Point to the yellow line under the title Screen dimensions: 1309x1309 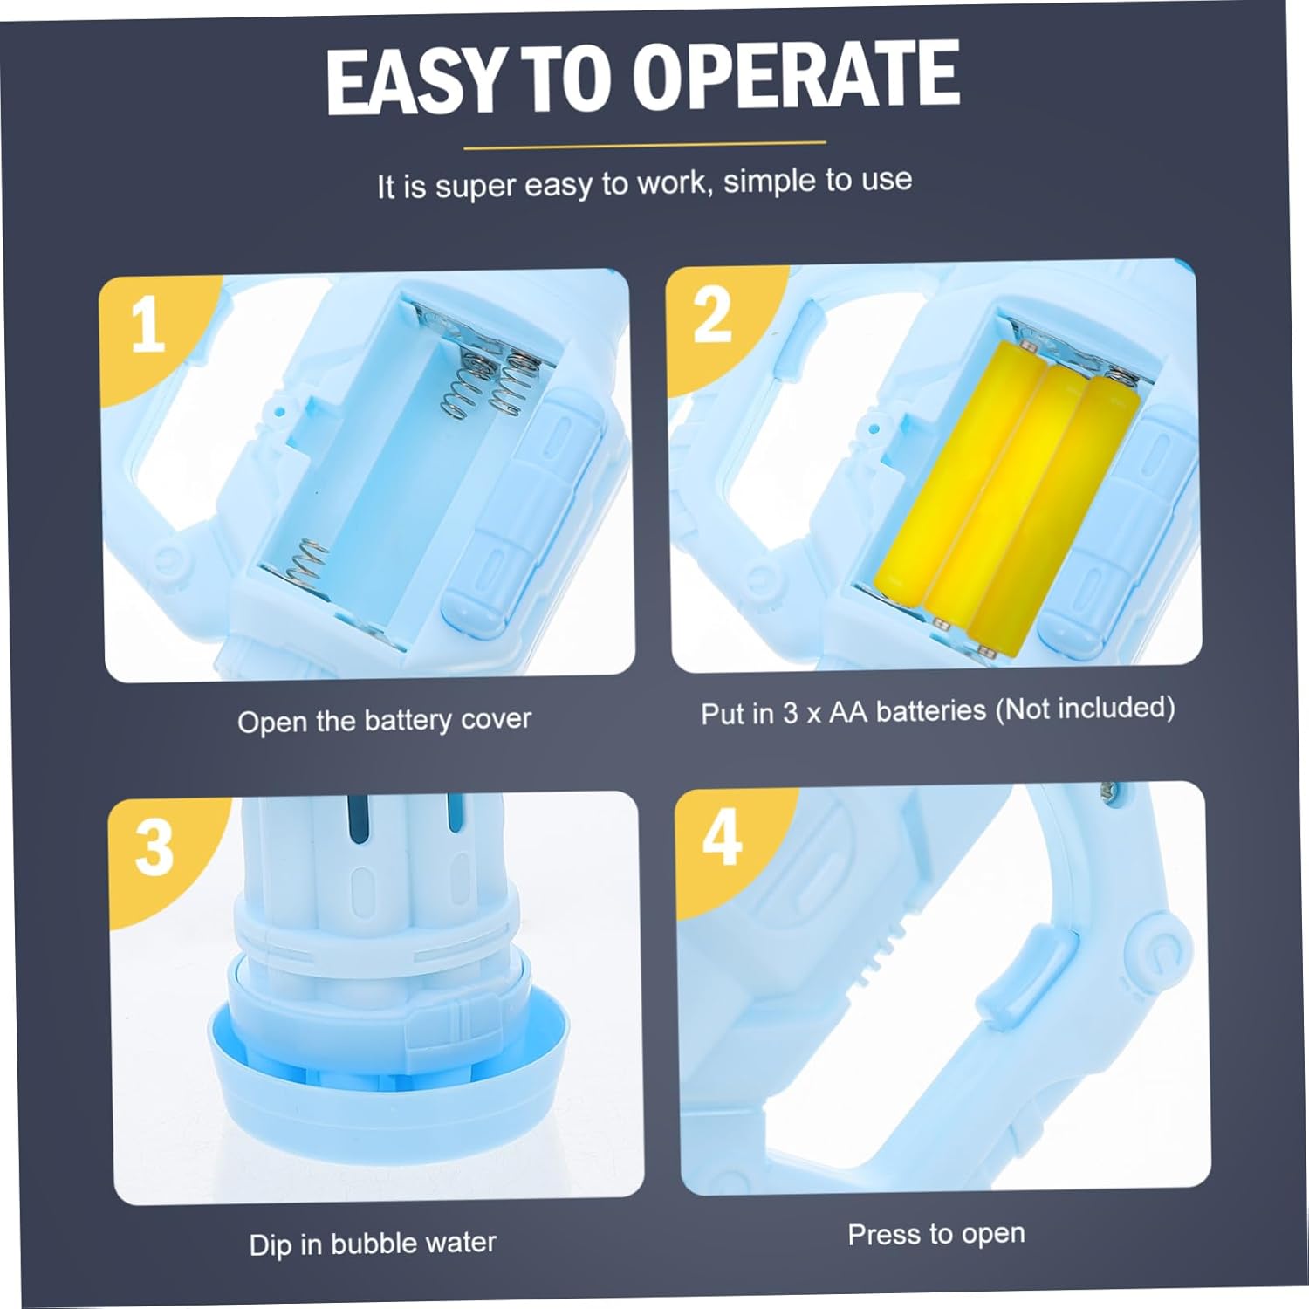[x=644, y=145]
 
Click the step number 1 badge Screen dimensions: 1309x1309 [x=147, y=325]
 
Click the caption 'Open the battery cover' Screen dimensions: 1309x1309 [x=384, y=721]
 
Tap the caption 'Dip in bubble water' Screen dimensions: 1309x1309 [x=373, y=1243]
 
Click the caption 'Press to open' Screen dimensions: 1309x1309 [x=936, y=1234]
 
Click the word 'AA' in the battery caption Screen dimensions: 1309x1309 [x=847, y=712]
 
